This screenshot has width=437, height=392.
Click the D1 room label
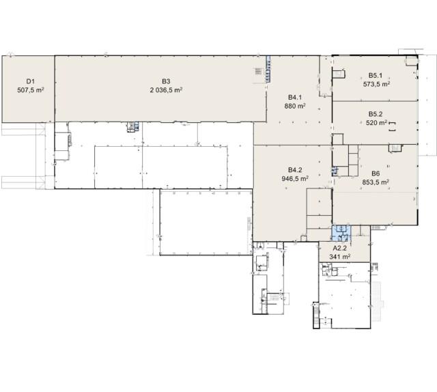(30, 81)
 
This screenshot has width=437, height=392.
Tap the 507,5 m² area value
(31, 90)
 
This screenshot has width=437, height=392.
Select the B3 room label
(166, 81)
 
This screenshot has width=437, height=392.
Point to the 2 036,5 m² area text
(166, 89)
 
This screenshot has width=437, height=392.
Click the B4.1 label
(295, 97)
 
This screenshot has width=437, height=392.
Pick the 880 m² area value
(295, 106)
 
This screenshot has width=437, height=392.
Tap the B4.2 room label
(295, 170)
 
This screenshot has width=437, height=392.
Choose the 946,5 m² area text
(295, 178)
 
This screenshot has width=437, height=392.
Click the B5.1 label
(376, 75)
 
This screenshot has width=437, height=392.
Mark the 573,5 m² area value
(376, 84)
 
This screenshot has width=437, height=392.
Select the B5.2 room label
(376, 114)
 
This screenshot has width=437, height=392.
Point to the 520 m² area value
(376, 123)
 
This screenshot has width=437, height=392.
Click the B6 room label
(376, 173)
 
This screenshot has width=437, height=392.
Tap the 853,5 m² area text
(376, 182)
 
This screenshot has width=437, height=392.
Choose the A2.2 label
(340, 248)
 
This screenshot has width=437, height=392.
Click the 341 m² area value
(340, 257)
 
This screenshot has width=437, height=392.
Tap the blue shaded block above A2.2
(341, 233)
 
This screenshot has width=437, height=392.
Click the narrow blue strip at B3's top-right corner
(268, 69)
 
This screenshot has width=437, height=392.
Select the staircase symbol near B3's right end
(258, 72)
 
